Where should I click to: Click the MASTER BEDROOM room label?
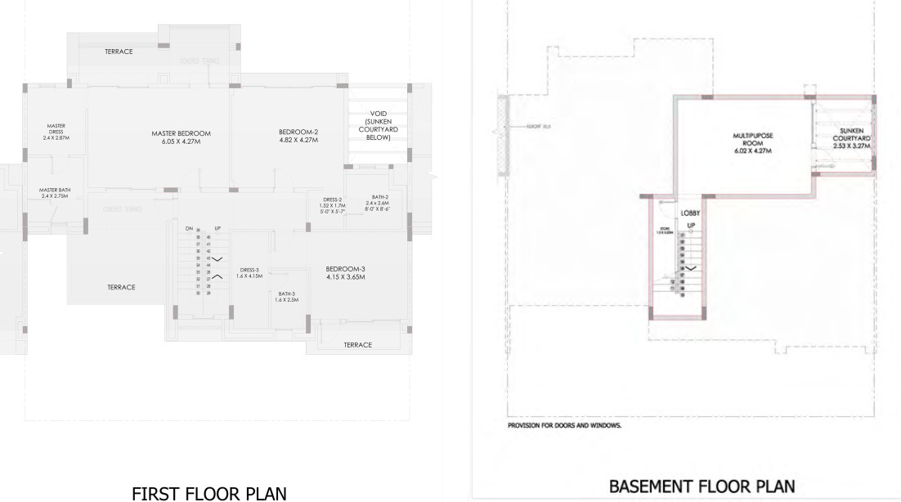point(181,133)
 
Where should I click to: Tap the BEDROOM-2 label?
point(298,131)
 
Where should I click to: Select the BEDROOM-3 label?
point(344,268)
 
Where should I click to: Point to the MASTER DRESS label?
point(56,129)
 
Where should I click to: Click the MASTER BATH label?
point(55,190)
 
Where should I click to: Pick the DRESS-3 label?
point(249,270)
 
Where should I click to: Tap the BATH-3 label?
point(286,294)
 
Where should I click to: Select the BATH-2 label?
point(379,197)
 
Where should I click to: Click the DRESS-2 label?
point(332,199)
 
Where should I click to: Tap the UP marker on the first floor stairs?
point(217,227)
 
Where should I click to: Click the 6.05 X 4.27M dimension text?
point(181,141)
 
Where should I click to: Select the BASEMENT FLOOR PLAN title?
point(701,486)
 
